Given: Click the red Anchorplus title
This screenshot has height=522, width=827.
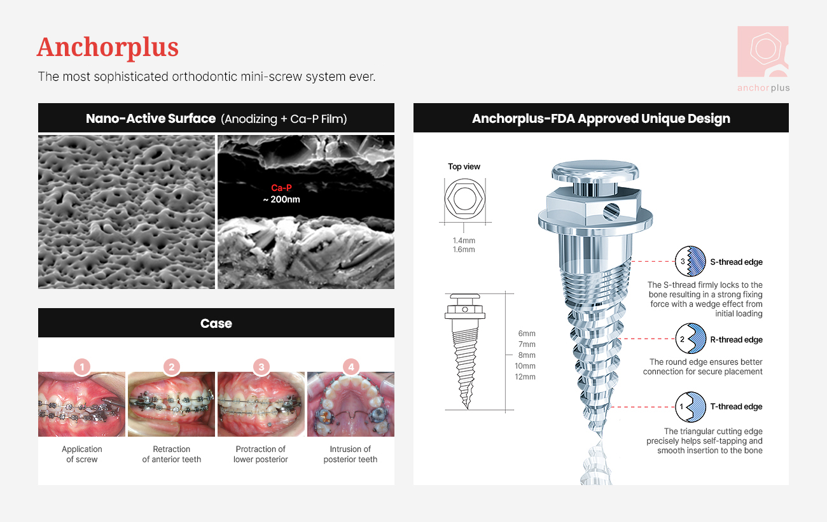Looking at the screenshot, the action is (108, 47).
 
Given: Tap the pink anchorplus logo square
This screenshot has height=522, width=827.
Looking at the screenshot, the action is (763, 52).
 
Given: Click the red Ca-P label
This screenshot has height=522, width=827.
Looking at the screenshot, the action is (281, 188).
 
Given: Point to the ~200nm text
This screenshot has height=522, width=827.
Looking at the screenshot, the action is (281, 199).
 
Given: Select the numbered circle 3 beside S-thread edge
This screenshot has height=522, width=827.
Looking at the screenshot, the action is (690, 261).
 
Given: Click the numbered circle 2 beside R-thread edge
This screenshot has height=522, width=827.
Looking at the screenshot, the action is (690, 339).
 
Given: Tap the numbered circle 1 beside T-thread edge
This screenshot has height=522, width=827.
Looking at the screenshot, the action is (690, 407).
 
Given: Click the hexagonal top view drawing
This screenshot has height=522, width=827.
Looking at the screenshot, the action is (465, 199).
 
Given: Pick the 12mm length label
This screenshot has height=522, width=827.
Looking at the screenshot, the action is (525, 377).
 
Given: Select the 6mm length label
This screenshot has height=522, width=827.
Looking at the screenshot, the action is (527, 333).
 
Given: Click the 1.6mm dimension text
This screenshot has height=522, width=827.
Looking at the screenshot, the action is (464, 250).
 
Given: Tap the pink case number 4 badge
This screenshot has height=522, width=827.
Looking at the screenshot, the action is (351, 367).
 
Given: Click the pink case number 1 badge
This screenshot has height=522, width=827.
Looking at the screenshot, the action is (82, 367).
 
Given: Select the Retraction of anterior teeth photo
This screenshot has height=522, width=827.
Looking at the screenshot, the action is (171, 404).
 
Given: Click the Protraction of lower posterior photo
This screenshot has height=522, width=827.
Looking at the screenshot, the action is (261, 404).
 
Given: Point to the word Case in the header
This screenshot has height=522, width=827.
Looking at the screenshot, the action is (216, 323).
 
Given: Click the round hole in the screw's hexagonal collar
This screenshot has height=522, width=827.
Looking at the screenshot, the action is (611, 212).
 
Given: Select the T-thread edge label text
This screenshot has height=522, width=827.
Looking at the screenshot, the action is (736, 406).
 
